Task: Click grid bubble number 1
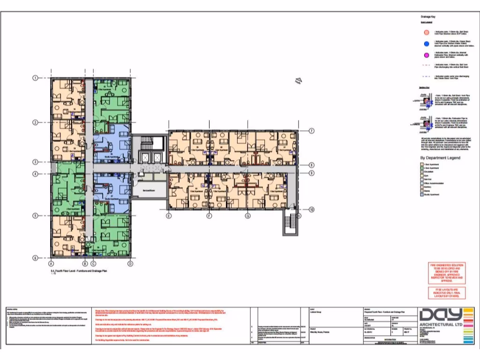point(35,78)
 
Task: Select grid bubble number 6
point(35,258)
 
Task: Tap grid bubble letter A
point(51,264)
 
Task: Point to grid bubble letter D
point(130,264)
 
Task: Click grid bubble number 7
point(311,131)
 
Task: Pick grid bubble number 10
point(311,210)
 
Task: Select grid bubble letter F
point(209,216)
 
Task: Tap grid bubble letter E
point(169,216)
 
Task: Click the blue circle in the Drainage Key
point(426,44)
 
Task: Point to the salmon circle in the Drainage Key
point(426,33)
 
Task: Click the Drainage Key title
point(427,16)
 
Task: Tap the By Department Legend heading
point(440,158)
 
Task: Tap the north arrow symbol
point(298,81)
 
